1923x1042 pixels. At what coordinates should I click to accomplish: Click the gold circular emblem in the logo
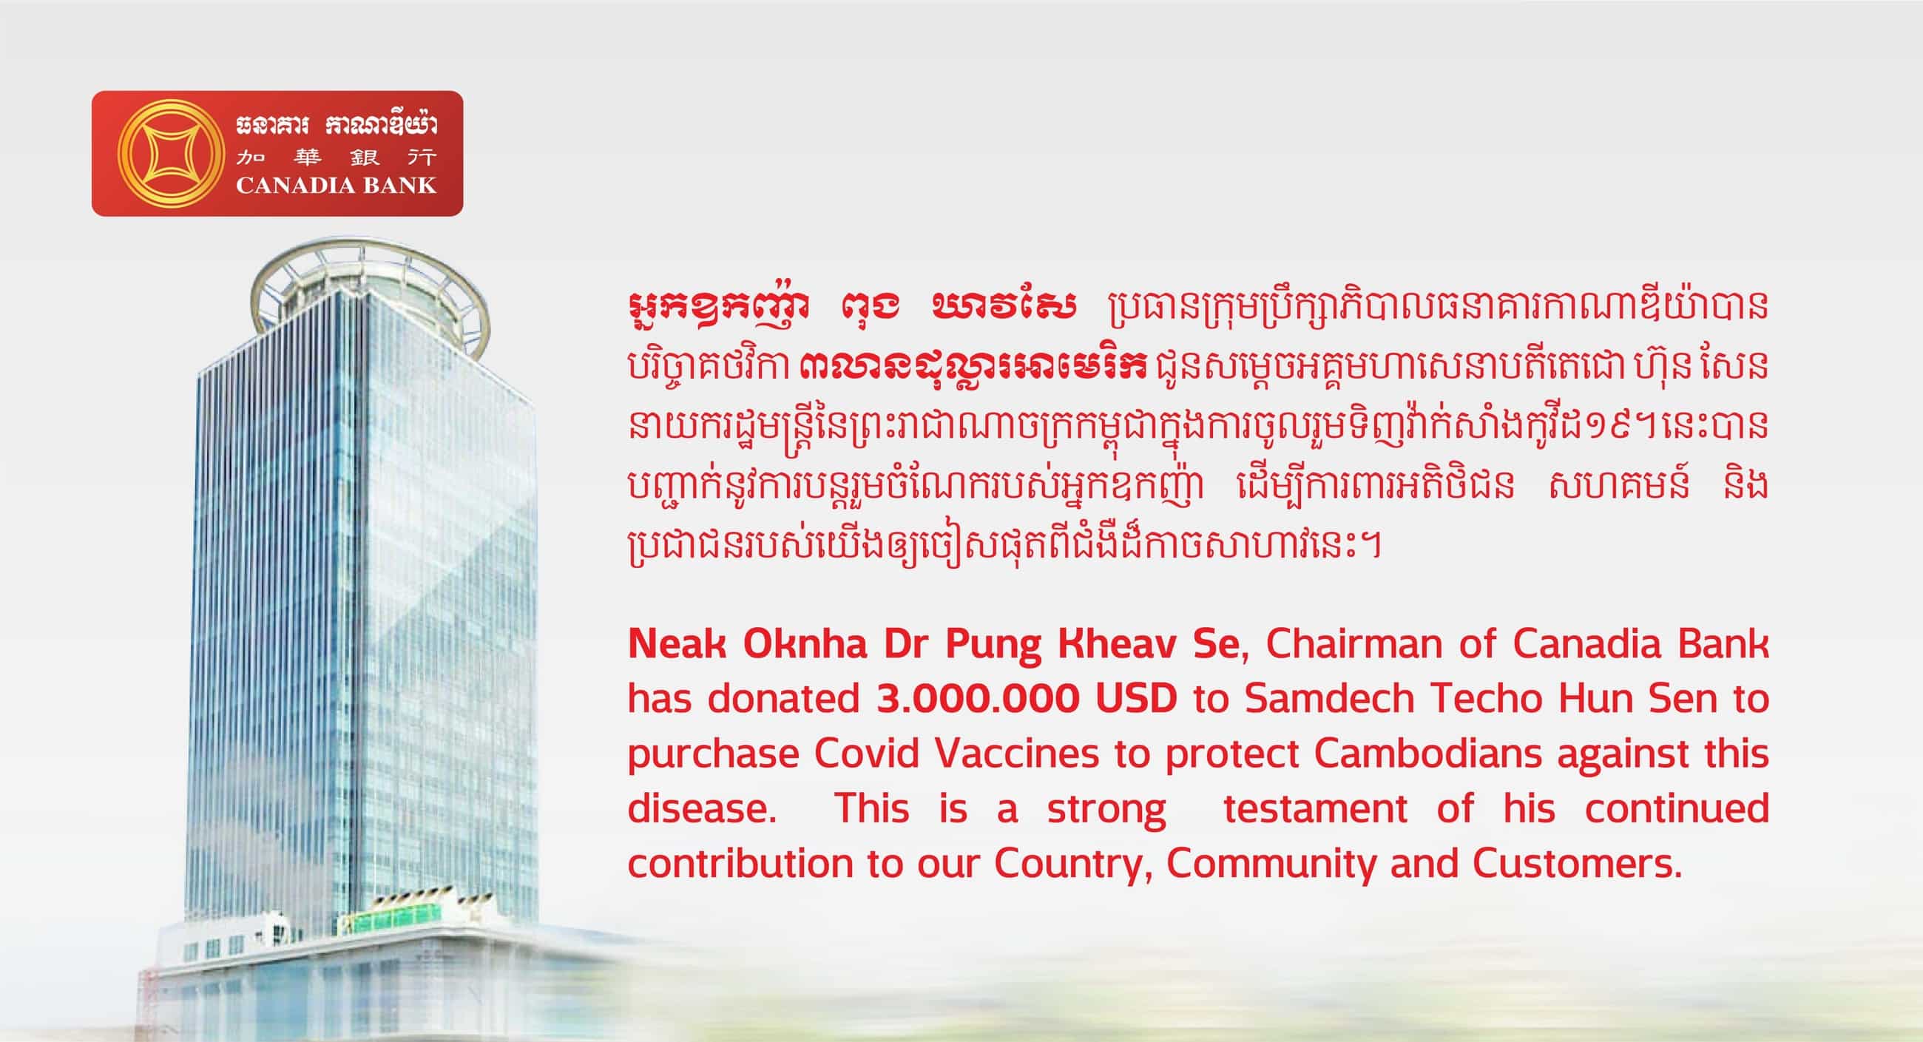pos(171,154)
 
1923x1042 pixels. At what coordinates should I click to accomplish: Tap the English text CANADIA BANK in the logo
pos(336,185)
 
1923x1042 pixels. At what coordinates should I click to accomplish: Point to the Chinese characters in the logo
pos(336,158)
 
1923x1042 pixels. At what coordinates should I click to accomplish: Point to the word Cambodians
pos(1428,754)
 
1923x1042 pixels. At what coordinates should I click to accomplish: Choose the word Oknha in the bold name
pos(805,644)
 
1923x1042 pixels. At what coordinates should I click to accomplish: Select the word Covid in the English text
pos(867,754)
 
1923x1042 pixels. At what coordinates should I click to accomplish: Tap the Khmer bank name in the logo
pos(336,126)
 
